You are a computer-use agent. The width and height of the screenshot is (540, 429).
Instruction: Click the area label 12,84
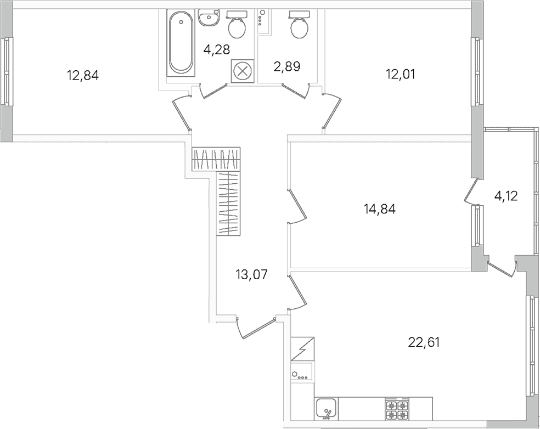pyautogui.click(x=83, y=75)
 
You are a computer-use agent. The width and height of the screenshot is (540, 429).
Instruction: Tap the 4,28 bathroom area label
pyautogui.click(x=217, y=49)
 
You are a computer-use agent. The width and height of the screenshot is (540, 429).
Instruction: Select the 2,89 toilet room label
pyautogui.click(x=287, y=66)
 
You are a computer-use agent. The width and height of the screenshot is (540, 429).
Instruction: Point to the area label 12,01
pyautogui.click(x=401, y=74)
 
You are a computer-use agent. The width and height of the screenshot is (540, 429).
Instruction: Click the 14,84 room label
pyautogui.click(x=380, y=208)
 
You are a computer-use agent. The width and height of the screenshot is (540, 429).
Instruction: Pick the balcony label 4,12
pyautogui.click(x=506, y=196)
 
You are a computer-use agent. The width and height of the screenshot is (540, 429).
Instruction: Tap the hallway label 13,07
pyautogui.click(x=252, y=274)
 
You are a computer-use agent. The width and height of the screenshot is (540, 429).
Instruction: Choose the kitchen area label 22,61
pyautogui.click(x=424, y=342)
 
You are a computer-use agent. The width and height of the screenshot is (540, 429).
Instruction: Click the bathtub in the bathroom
pyautogui.click(x=181, y=43)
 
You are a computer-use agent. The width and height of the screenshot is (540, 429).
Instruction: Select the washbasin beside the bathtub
pyautogui.click(x=209, y=17)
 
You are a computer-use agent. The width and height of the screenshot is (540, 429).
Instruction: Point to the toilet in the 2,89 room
pyautogui.click(x=299, y=24)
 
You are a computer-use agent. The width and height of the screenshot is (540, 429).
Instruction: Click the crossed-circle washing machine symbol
pyautogui.click(x=243, y=71)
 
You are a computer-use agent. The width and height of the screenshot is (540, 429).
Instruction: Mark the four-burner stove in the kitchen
pyautogui.click(x=397, y=409)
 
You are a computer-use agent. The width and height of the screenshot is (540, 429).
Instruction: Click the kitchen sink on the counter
pyautogui.click(x=326, y=409)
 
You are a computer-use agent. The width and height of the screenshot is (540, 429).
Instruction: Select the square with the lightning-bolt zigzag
pyautogui.click(x=302, y=348)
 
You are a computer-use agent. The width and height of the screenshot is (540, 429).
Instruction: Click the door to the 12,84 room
pyautogui.click(x=181, y=112)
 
